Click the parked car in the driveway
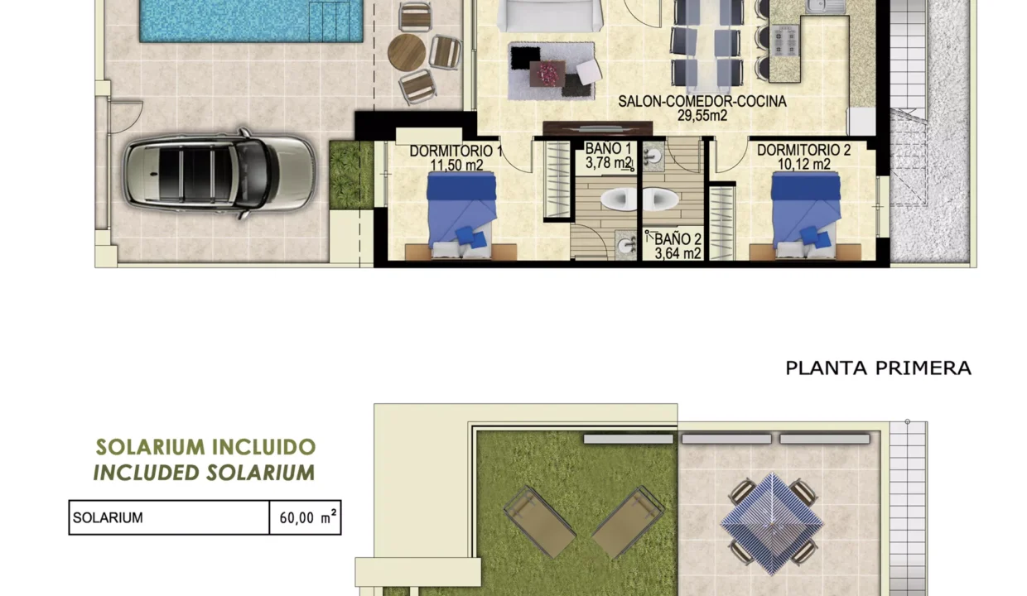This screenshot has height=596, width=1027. coord(219,172)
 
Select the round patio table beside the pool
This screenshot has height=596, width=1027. coord(407,52)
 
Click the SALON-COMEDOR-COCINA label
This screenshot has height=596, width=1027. coord(702,102)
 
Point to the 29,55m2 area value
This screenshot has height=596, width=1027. coord(702,116)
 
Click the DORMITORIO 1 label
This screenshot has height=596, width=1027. coord(456,151)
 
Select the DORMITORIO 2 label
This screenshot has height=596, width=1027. coord(803,151)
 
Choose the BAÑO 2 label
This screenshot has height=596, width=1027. coord(678,239)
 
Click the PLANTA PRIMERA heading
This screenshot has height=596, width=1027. coord(878,368)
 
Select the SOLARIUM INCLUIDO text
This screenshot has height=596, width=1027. coord(205,447)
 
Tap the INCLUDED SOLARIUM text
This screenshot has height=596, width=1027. coord(204,473)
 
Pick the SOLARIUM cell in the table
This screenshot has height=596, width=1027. coord(169,518)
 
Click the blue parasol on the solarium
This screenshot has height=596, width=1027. coord(772,523)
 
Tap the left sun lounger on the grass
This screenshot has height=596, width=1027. coord(540,522)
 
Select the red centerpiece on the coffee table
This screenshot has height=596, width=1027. coord(548,73)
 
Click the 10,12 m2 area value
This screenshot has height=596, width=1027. coord(803,165)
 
